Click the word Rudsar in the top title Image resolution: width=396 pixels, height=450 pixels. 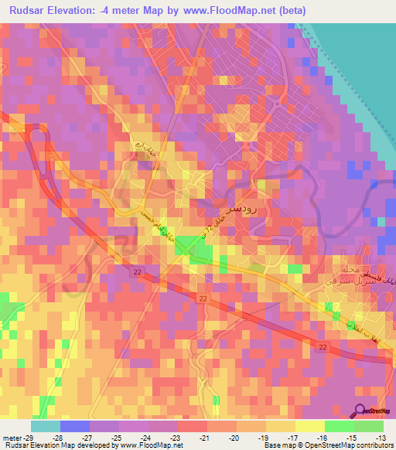[32, 11]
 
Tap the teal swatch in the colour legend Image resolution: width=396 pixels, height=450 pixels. [46, 426]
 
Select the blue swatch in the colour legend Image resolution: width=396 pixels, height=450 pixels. [75, 426]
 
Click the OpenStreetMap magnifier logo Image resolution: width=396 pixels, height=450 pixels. [361, 411]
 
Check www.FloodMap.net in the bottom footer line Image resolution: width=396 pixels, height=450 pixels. [151, 446]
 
